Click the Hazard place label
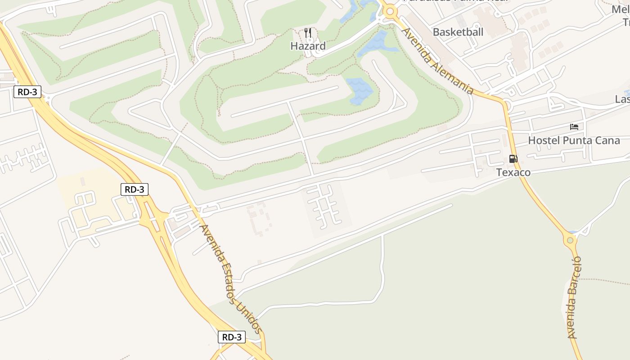point(308,46)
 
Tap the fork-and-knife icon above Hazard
point(308,32)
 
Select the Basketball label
point(458,32)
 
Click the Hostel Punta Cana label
point(574,140)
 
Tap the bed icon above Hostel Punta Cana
point(574,126)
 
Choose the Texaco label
point(513,172)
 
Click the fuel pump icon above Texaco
point(513,158)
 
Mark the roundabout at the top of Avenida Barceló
point(570,240)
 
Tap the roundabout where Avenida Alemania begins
point(390,12)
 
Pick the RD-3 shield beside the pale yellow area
point(134,189)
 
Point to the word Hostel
point(544,140)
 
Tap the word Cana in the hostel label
point(607,140)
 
